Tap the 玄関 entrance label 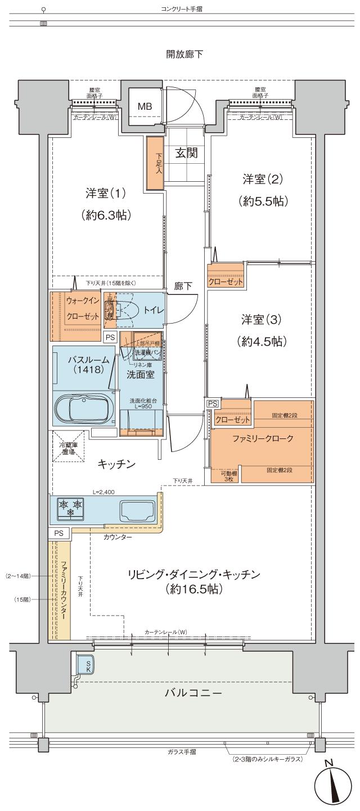click(185, 153)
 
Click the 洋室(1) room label click(106, 193)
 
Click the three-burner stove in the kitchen click(70, 508)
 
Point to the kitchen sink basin click(137, 510)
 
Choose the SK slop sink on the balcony click(85, 665)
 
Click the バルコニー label click(193, 692)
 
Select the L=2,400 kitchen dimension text click(103, 492)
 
